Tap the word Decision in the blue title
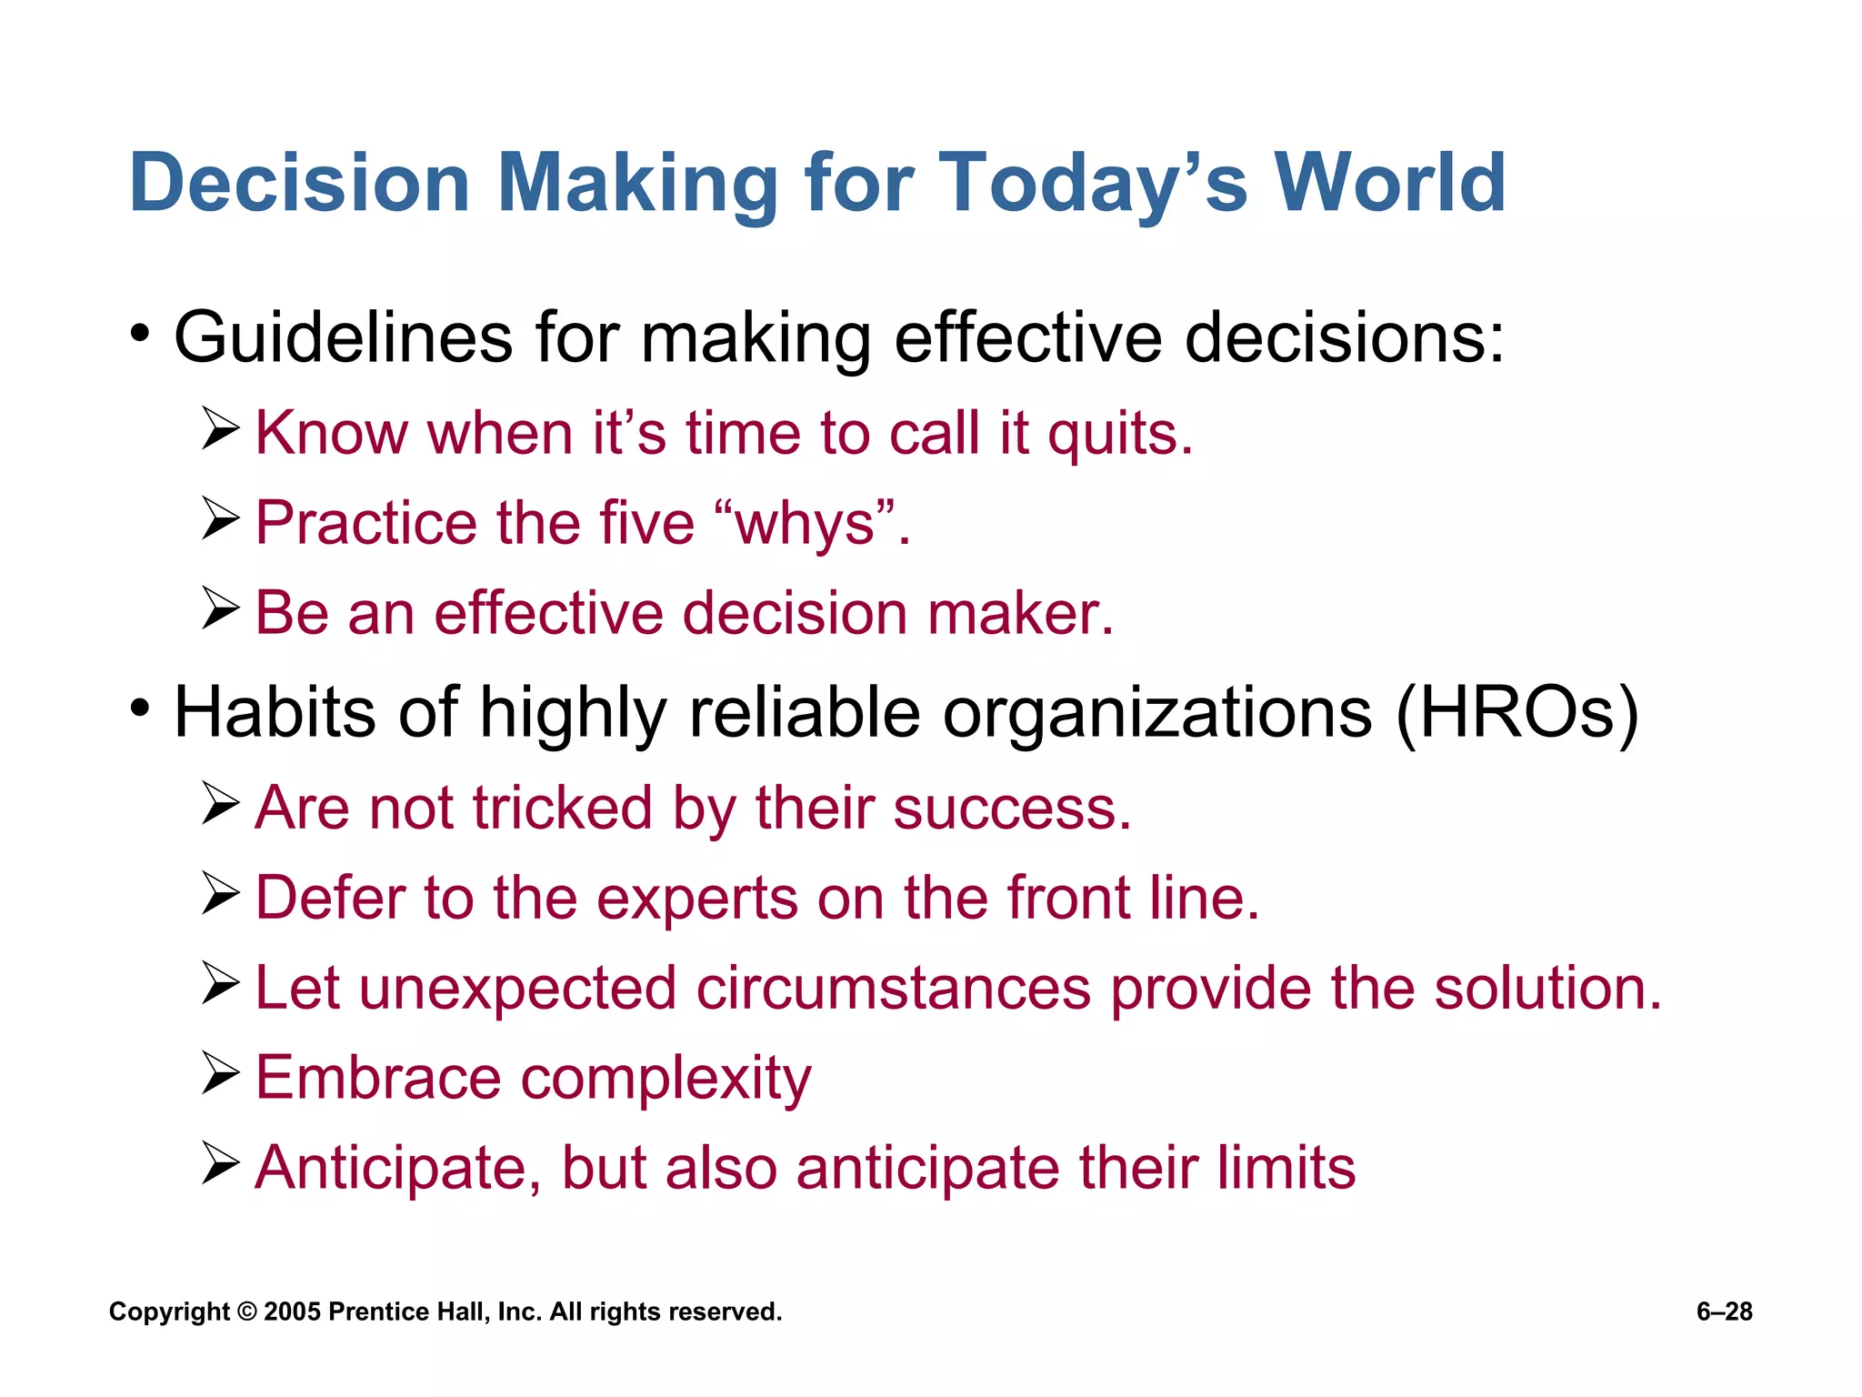point(299,183)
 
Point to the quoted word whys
point(806,525)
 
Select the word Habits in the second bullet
point(275,712)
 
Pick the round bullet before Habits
point(139,707)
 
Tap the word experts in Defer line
point(696,899)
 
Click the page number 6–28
point(1724,1312)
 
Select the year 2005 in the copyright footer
point(293,1312)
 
